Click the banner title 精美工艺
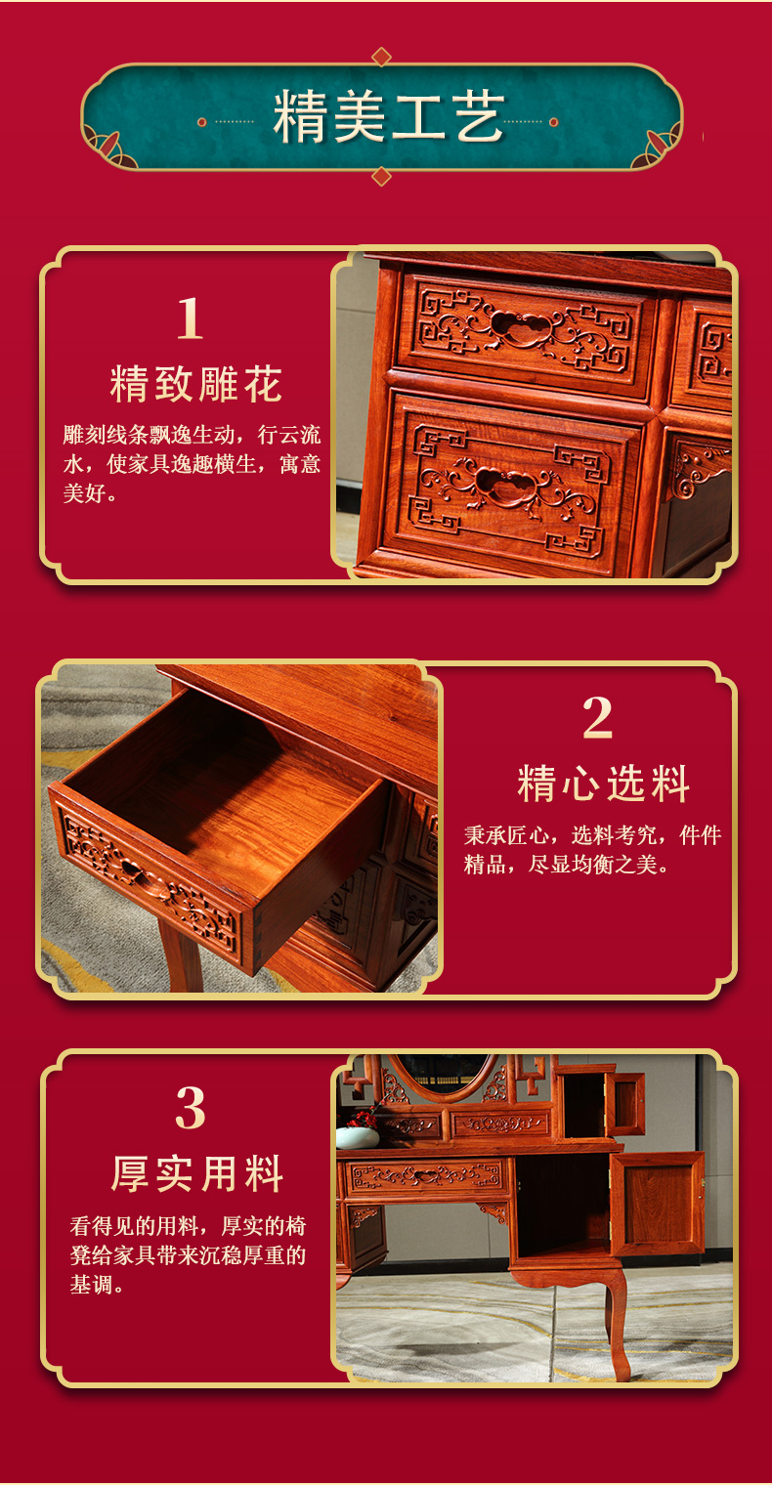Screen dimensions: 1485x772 pyautogui.click(x=388, y=118)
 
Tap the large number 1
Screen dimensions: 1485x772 pyautogui.click(x=190, y=318)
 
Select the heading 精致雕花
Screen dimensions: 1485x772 pyautogui.click(x=196, y=384)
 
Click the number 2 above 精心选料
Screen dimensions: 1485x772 pyautogui.click(x=597, y=719)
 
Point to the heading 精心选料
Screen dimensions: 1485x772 pyautogui.click(x=603, y=785)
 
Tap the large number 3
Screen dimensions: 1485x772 pyautogui.click(x=191, y=1108)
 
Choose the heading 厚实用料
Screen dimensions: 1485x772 pyautogui.click(x=197, y=1173)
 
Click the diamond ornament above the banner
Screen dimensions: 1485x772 pyautogui.click(x=382, y=57)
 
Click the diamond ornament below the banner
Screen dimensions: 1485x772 pyautogui.click(x=382, y=176)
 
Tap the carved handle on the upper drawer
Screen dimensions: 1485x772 pyautogui.click(x=519, y=324)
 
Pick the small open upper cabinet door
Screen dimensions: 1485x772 pyautogui.click(x=626, y=1103)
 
